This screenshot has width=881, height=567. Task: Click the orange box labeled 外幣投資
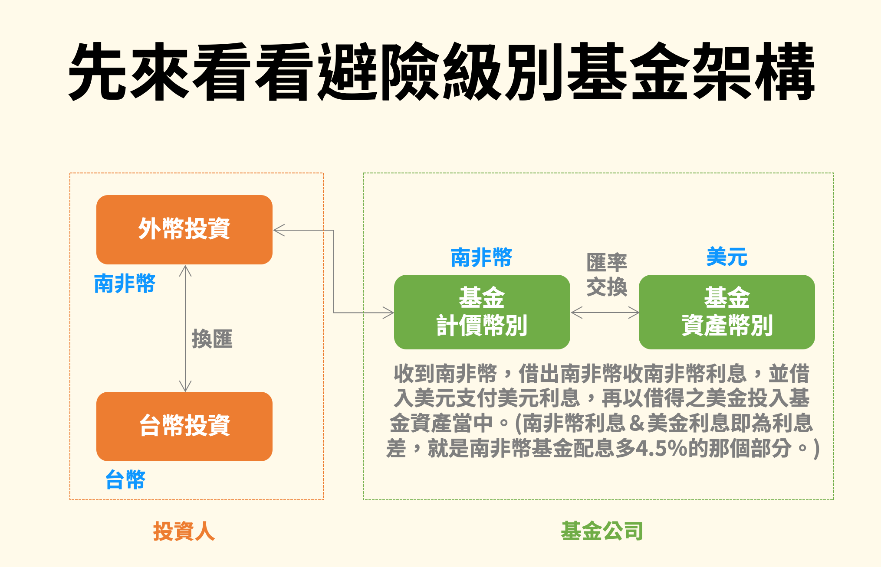pyautogui.click(x=184, y=229)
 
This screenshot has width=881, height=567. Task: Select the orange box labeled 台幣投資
pyautogui.click(x=184, y=426)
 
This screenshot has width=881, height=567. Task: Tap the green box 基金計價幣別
pyautogui.click(x=482, y=312)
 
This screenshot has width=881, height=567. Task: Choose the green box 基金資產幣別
pyautogui.click(x=726, y=312)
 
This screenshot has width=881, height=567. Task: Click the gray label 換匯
pyautogui.click(x=212, y=339)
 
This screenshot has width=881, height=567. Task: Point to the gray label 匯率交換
pyautogui.click(x=606, y=274)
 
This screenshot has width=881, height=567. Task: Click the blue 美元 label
pyautogui.click(x=726, y=257)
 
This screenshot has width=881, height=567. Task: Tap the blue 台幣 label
pyautogui.click(x=125, y=480)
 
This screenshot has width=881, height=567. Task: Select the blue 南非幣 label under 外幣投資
pyautogui.click(x=125, y=283)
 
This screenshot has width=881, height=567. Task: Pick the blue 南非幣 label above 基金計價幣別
pyautogui.click(x=481, y=258)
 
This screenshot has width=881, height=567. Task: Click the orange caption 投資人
pyautogui.click(x=184, y=531)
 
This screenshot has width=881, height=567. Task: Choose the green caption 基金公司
pyautogui.click(x=602, y=531)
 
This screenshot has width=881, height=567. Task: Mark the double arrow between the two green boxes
pyautogui.click(x=605, y=312)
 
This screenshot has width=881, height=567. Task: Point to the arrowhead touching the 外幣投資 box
pyautogui.click(x=279, y=230)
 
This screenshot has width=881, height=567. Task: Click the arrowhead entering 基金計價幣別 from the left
pyautogui.click(x=388, y=312)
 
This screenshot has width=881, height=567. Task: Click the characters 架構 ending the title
pyautogui.click(x=753, y=72)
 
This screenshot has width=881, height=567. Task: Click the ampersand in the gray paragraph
pyautogui.click(x=636, y=424)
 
